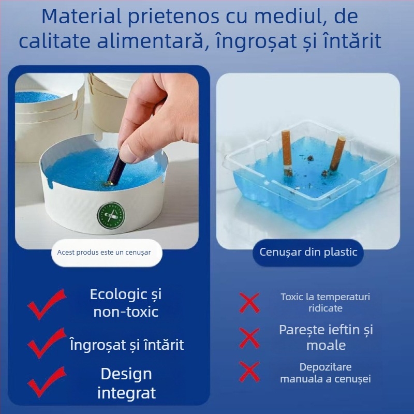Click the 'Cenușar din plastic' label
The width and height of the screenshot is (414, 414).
(308, 252)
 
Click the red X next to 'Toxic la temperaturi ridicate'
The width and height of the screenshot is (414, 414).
(249, 302)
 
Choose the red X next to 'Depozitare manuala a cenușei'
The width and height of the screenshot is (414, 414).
(249, 372)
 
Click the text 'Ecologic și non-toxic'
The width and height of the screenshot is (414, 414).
(126, 303)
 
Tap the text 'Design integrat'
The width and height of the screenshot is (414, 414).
(126, 383)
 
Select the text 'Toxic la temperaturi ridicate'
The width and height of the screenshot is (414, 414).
(326, 302)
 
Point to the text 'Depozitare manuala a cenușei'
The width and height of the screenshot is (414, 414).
(326, 373)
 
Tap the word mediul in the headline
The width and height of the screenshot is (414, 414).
(299, 17)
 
